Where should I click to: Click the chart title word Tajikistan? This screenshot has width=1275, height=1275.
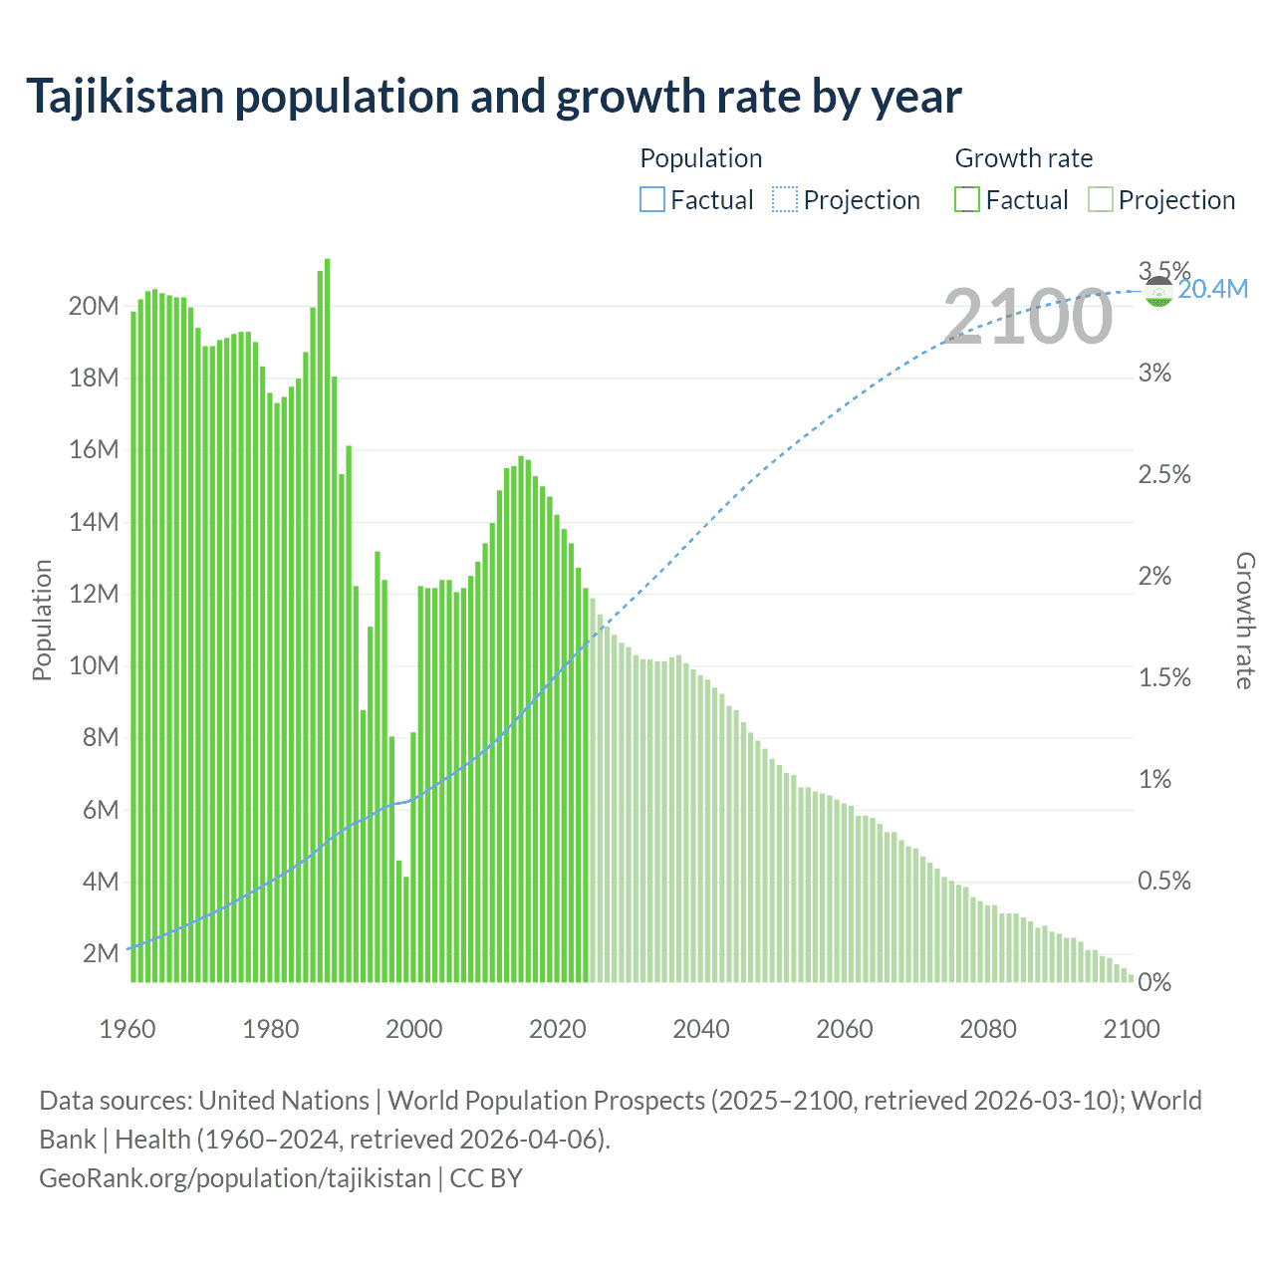point(126,98)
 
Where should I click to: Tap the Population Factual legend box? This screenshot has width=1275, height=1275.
point(651,200)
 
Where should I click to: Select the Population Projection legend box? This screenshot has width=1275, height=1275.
point(785,200)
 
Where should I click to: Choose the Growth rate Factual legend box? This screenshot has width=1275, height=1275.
point(966,200)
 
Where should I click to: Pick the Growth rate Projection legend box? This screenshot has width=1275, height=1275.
point(1100,200)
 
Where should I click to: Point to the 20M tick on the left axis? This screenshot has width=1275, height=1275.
point(94,306)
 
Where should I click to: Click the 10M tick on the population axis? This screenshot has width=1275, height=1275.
point(94,665)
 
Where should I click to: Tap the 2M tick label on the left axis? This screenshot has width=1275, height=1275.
point(101,953)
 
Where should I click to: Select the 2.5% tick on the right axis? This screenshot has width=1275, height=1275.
point(1164,475)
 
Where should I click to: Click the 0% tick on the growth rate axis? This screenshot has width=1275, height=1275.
point(1154,983)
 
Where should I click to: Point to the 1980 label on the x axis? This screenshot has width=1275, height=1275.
point(271,1029)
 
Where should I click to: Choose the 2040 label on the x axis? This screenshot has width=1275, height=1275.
point(701,1029)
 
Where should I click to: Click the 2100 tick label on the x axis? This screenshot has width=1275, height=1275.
point(1132,1029)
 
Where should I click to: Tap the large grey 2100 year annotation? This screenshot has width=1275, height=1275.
point(1027,317)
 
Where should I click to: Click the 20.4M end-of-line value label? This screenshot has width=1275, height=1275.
point(1212,290)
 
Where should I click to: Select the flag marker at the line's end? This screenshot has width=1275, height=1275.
point(1158,292)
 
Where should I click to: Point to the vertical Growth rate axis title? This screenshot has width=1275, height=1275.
point(1244,621)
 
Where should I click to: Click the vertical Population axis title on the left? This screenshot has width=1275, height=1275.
point(42,620)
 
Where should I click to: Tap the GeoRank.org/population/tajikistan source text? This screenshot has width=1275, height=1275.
point(235,1178)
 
